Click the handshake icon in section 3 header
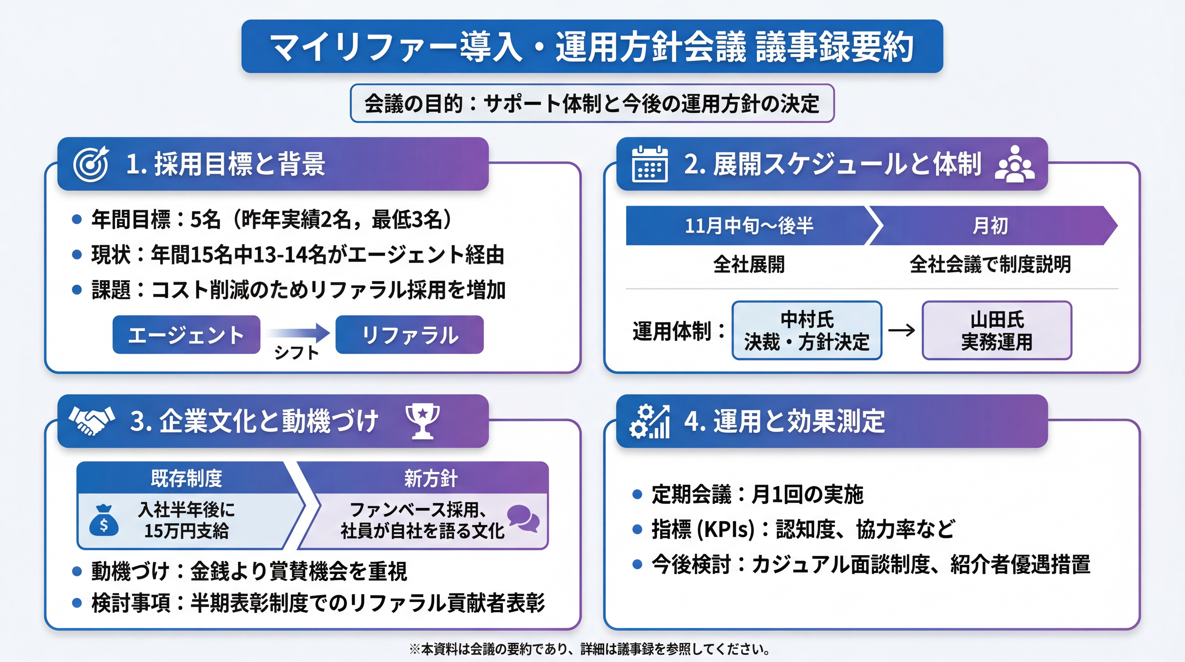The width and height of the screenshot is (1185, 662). pyautogui.click(x=92, y=420)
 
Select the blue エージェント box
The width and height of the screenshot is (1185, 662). pyautogui.click(x=186, y=335)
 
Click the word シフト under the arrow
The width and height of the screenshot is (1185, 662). pyautogui.click(x=296, y=353)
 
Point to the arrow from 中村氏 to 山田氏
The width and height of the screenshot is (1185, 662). pyautogui.click(x=902, y=330)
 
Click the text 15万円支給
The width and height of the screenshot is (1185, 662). pyautogui.click(x=186, y=531)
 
